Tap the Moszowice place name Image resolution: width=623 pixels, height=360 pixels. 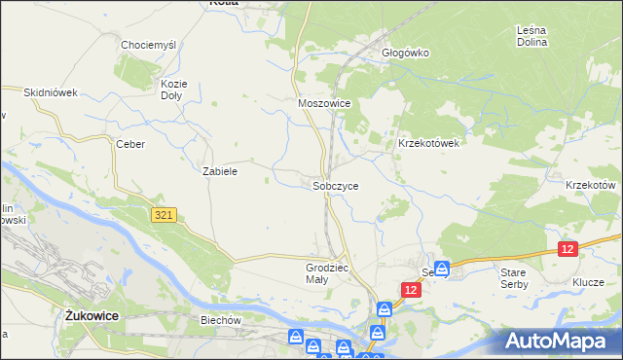click(x=324, y=102)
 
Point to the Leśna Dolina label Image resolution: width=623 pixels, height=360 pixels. click(x=532, y=36)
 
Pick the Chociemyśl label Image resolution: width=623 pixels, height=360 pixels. click(x=146, y=45)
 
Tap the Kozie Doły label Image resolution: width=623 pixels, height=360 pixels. click(x=173, y=90)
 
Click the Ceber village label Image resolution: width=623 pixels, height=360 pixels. click(x=130, y=144)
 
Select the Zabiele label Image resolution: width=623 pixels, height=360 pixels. click(x=220, y=170)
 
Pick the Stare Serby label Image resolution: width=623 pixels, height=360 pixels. click(x=513, y=279)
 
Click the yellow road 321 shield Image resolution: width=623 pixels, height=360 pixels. click(x=164, y=215)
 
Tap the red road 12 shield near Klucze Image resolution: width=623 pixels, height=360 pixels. click(x=568, y=250)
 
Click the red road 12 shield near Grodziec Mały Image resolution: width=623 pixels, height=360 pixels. click(x=411, y=291)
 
